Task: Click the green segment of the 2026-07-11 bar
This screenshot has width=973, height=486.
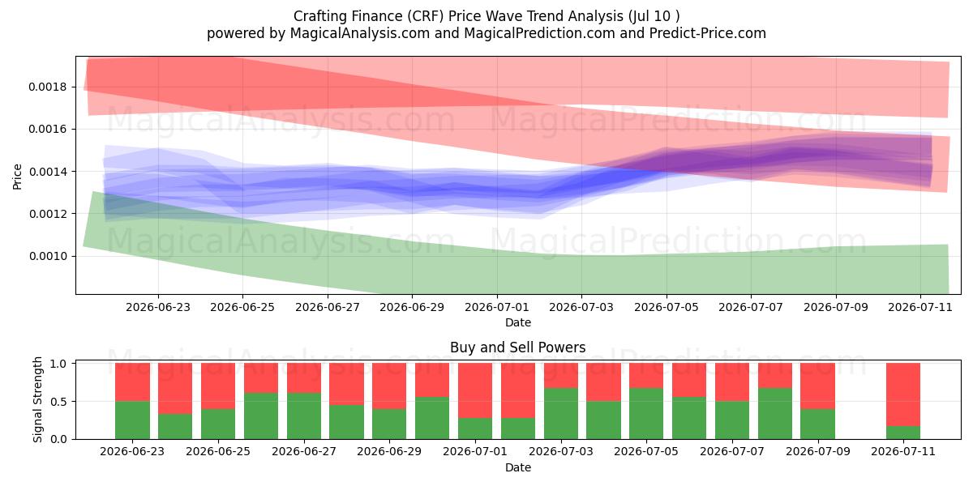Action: [903, 433]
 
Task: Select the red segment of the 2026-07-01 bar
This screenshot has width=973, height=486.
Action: [475, 390]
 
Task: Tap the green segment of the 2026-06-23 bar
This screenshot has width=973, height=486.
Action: [132, 420]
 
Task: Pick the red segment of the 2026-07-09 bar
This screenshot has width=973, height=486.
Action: [818, 386]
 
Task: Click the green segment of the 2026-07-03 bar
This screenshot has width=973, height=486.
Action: [561, 414]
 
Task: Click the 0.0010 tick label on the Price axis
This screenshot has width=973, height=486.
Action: [48, 257]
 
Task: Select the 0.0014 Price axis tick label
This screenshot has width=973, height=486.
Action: [48, 172]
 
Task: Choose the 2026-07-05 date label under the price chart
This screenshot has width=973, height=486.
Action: [667, 307]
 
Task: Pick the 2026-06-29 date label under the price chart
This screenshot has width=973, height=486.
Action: [412, 307]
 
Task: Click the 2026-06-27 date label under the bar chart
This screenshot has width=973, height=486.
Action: [304, 452]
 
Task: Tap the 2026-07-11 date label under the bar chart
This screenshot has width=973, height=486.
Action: [903, 452]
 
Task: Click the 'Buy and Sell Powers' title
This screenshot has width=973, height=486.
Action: [518, 347]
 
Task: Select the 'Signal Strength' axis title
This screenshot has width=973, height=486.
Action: [38, 399]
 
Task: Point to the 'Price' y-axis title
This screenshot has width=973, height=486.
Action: [17, 177]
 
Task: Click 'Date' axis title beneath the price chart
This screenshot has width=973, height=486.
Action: [518, 322]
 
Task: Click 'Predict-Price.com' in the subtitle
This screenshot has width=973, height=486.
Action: [708, 33]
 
